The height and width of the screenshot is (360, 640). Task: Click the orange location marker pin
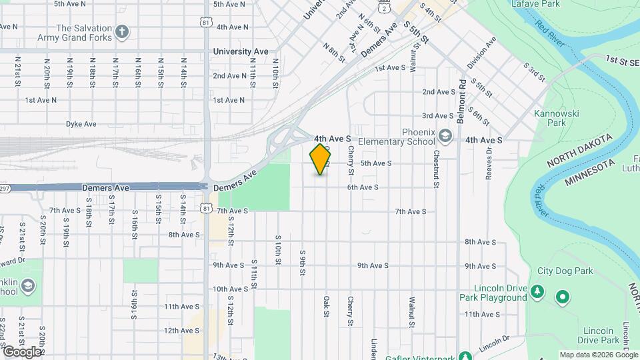coord(321,159)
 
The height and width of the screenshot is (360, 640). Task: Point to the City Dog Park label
coord(565,271)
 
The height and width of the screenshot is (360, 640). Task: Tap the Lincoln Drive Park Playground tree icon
coord(537,293)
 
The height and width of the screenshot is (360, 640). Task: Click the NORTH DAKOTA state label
coord(580,151)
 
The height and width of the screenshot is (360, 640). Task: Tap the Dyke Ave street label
coord(81,124)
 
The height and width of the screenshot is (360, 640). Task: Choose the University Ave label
coord(241,51)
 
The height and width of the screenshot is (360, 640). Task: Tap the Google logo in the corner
coord(21,351)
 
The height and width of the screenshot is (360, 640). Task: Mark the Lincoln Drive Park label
coord(603,335)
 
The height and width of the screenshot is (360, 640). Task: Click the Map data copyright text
coord(598,355)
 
